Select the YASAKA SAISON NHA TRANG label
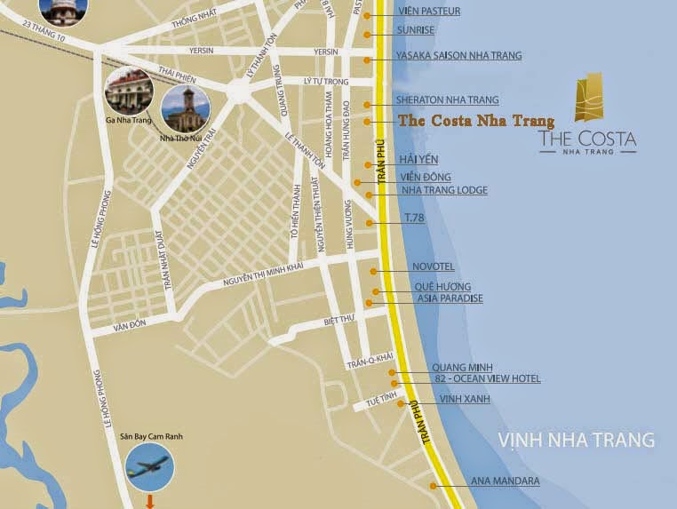tap(460, 55)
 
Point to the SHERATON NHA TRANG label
tap(449, 100)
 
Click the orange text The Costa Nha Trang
tap(476, 121)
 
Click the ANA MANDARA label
tap(505, 481)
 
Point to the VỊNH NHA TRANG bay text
tap(576, 440)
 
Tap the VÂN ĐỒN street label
tap(129, 328)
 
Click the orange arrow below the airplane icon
tap(150, 503)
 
